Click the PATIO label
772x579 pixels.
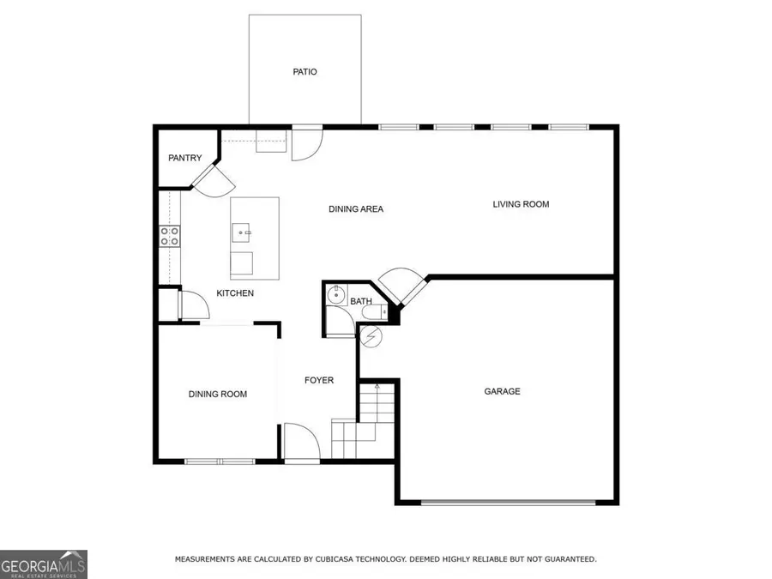click(305, 72)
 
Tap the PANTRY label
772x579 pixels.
click(184, 158)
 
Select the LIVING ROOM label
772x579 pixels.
click(521, 204)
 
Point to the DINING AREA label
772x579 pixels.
click(356, 209)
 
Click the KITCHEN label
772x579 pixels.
click(235, 293)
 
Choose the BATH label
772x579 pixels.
click(360, 301)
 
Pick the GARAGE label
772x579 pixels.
click(502, 392)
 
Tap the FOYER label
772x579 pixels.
click(319, 380)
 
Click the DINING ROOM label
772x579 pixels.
click(218, 395)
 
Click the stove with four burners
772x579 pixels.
click(170, 236)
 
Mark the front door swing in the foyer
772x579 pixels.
click(301, 442)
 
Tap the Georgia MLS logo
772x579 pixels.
click(43, 564)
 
